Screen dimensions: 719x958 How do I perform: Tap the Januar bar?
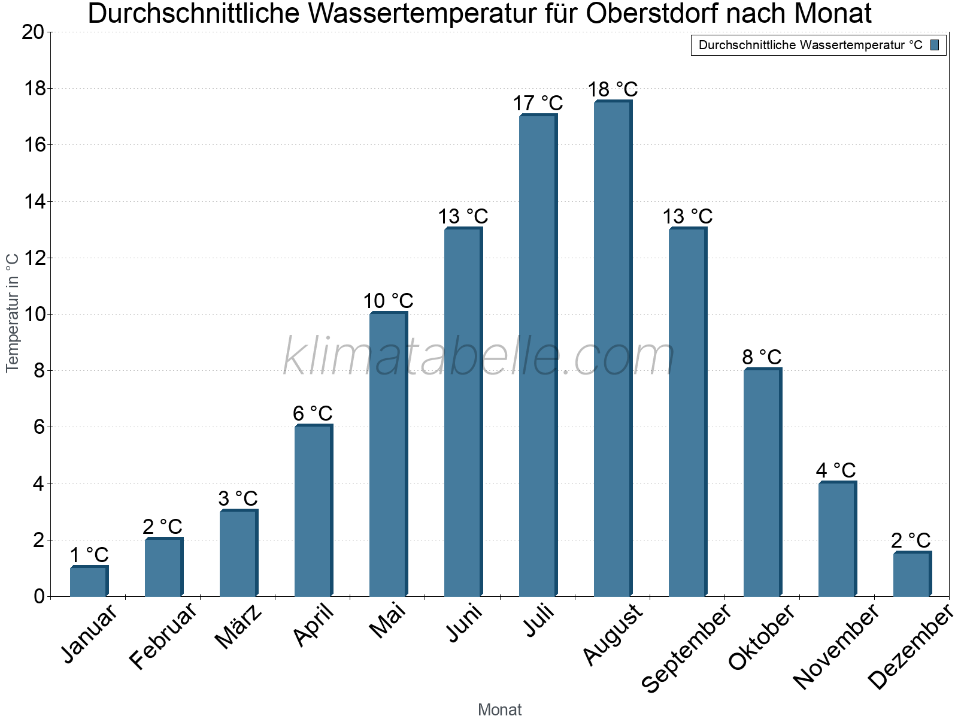click(89, 581)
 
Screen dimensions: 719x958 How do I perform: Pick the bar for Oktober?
click(762, 482)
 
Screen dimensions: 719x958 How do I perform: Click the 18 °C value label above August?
click(613, 90)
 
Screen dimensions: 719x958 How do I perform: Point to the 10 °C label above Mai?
click(388, 301)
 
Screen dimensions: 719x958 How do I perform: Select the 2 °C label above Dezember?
click(911, 540)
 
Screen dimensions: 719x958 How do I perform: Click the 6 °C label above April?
click(313, 413)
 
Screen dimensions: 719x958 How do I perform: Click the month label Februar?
click(163, 636)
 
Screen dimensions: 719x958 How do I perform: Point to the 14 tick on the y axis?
click(34, 202)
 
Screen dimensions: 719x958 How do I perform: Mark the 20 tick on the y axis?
click(34, 32)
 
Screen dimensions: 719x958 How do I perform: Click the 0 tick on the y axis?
click(40, 597)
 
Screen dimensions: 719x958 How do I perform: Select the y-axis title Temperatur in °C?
click(13, 312)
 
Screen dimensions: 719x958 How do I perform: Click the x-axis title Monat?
click(499, 710)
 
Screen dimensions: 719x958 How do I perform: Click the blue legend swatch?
click(935, 45)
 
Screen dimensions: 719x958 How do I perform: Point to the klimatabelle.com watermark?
click(479, 357)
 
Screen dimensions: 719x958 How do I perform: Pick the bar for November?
click(837, 539)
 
